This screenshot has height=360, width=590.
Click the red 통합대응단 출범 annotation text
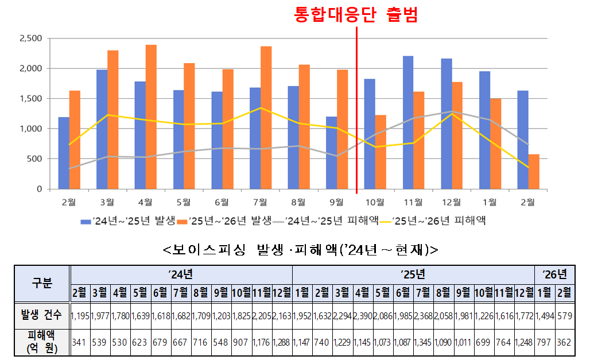click(356, 14)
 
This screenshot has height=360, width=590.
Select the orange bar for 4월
click(151, 117)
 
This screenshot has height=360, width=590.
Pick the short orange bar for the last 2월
click(534, 171)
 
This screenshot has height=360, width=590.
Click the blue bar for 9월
click(332, 153)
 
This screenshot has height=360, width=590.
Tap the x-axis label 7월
click(260, 202)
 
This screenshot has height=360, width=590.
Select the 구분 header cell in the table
click(41, 283)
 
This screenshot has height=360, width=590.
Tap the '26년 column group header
click(554, 274)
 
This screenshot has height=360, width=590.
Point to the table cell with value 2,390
click(363, 315)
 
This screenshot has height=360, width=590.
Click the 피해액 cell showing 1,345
click(422, 343)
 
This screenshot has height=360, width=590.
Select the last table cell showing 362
click(564, 343)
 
